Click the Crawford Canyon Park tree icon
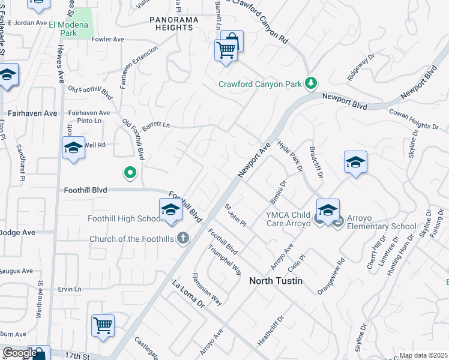click(311, 83)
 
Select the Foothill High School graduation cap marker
click(170, 210)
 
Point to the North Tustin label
click(276, 281)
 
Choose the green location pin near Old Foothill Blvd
click(130, 173)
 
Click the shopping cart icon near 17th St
click(103, 326)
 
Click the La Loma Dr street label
click(188, 294)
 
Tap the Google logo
click(20, 353)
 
